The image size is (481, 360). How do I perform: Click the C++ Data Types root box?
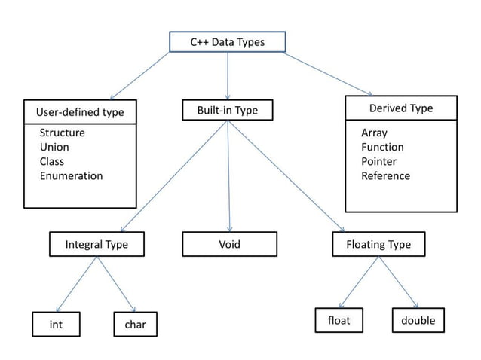pyautogui.click(x=227, y=42)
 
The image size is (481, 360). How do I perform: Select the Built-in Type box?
pyautogui.click(x=227, y=111)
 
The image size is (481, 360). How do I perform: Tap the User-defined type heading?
pyautogui.click(x=80, y=113)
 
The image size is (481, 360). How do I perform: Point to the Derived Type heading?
pyautogui.click(x=401, y=108)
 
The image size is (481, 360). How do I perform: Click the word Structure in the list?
pyautogui.click(x=62, y=133)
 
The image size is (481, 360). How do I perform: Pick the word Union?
pyautogui.click(x=54, y=147)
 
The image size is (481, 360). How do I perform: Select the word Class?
pyautogui.click(x=52, y=161)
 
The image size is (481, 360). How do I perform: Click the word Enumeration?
pyautogui.click(x=71, y=175)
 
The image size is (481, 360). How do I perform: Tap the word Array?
pyautogui.click(x=374, y=133)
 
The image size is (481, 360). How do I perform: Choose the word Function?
pyautogui.click(x=382, y=147)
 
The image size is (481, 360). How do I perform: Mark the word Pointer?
pyautogui.click(x=378, y=161)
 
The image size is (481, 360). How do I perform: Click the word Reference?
pyautogui.click(x=385, y=175)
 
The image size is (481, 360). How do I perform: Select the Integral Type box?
pyautogui.click(x=97, y=244)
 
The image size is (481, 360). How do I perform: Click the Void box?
pyautogui.click(x=229, y=244)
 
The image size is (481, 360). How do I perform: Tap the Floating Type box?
pyautogui.click(x=378, y=244)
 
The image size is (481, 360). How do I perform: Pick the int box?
pyautogui.click(x=56, y=325)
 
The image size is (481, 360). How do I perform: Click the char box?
pyautogui.click(x=135, y=325)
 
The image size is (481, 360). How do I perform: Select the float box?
pyautogui.click(x=339, y=320)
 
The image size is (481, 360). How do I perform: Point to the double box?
pyautogui.click(x=418, y=320)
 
